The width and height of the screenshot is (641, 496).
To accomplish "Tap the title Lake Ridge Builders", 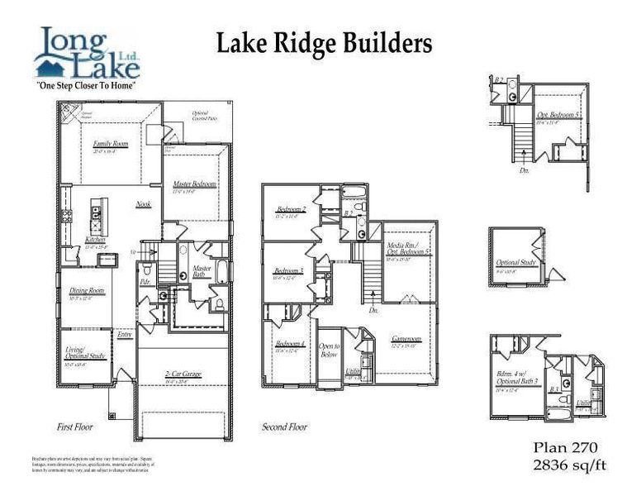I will pyautogui.click(x=324, y=44).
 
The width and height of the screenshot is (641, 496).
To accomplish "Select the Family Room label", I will pyautogui.click(x=110, y=144).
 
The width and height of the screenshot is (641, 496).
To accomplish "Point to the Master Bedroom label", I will pyautogui.click(x=195, y=184).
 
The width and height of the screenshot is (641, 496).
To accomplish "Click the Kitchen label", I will pyautogui.click(x=96, y=240).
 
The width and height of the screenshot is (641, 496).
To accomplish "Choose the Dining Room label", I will pyautogui.click(x=86, y=291).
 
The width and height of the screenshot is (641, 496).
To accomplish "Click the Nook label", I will pyautogui.click(x=143, y=203).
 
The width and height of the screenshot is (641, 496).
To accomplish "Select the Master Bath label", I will pyautogui.click(x=202, y=271).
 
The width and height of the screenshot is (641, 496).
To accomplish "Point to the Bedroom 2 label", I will pyautogui.click(x=291, y=210).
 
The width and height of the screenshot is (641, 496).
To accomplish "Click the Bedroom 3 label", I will pyautogui.click(x=289, y=271).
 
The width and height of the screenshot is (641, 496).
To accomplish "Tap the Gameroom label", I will pyautogui.click(x=406, y=339).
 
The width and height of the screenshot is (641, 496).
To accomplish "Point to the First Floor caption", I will pyautogui.click(x=74, y=427).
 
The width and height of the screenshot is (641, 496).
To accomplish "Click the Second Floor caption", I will pyautogui.click(x=284, y=427).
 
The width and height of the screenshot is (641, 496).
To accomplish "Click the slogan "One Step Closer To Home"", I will pyautogui.click(x=86, y=85).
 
